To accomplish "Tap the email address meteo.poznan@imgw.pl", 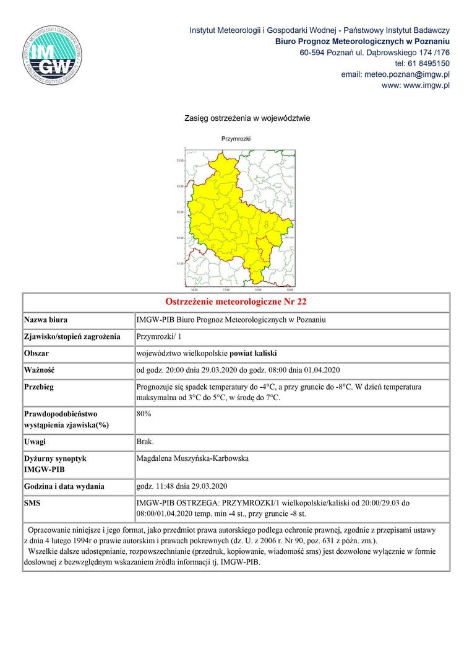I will pos(395,74).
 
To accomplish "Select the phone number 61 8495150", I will pos(427,63).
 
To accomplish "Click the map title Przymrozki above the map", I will pos(236,139).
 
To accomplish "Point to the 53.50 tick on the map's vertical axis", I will pos(180,160).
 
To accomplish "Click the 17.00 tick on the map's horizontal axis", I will pos(226,289).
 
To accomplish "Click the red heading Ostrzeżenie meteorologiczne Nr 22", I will pos(236,302).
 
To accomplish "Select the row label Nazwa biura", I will pos(46,320).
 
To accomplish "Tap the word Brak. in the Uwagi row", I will pos(145,442).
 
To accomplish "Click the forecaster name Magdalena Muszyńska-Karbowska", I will pos(193,458).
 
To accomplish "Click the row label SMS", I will pos(32,503).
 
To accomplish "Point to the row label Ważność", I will pos(40,370).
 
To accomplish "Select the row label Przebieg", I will pos(39,387).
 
